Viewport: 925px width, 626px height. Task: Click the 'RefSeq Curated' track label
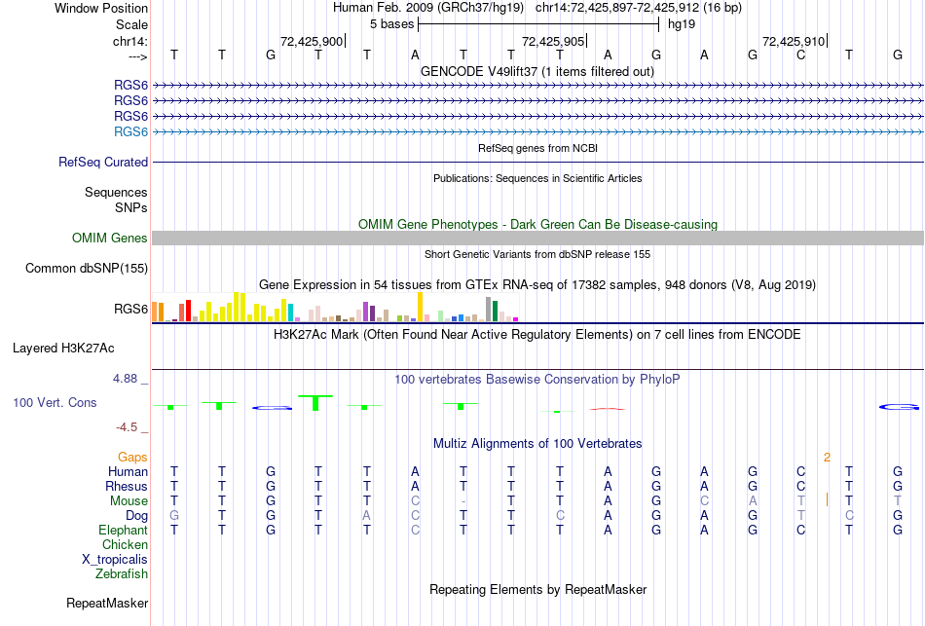click(103, 163)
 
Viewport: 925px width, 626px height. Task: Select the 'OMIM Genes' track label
click(110, 239)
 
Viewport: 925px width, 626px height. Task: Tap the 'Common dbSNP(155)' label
click(87, 268)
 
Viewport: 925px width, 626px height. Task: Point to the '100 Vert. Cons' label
click(55, 402)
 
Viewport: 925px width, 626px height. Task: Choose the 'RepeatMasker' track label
click(107, 604)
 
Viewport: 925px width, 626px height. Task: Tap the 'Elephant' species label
click(123, 531)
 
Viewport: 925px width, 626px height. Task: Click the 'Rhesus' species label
click(127, 487)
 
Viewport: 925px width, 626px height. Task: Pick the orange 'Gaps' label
click(132, 457)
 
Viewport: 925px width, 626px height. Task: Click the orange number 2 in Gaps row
click(827, 457)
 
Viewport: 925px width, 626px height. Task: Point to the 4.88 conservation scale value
click(130, 379)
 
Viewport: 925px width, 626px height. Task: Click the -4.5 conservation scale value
click(131, 427)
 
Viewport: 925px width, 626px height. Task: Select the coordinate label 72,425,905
click(553, 41)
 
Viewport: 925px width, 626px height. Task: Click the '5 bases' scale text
click(391, 23)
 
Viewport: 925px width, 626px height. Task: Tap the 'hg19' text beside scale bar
click(681, 23)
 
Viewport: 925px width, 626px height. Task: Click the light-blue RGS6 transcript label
click(130, 131)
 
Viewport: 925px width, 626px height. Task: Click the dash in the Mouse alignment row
click(464, 501)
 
